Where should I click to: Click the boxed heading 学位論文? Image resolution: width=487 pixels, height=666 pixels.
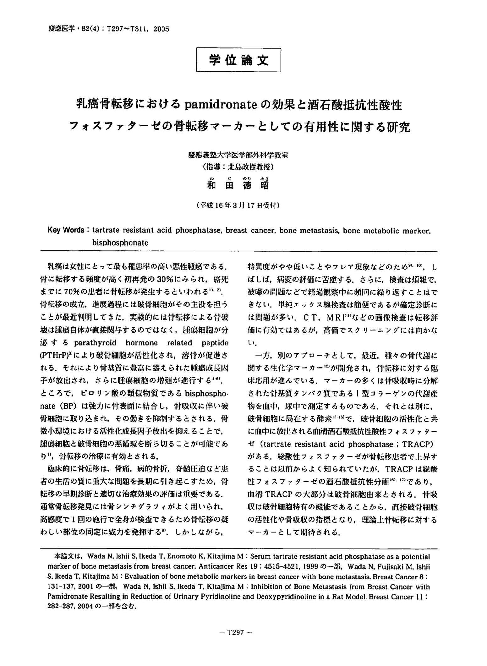point(238,60)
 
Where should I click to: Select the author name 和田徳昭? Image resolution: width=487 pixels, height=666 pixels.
point(238,185)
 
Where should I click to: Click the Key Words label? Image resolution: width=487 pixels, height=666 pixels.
point(66,230)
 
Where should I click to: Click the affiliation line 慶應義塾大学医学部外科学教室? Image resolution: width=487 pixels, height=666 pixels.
point(238,155)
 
